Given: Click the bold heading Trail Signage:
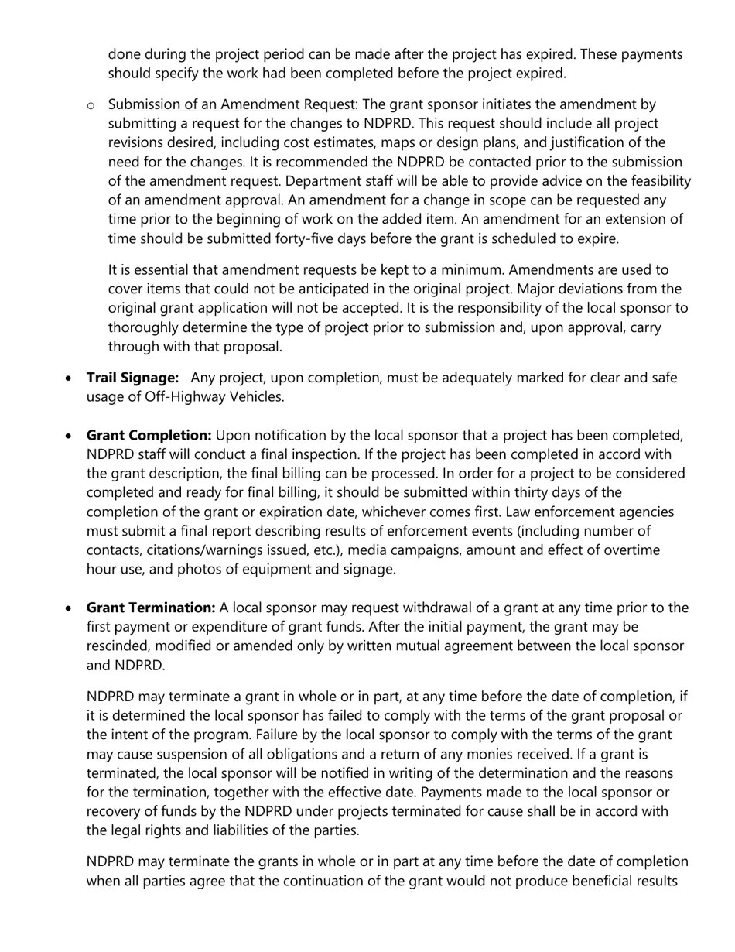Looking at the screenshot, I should (x=132, y=378).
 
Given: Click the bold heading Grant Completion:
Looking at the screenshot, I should (x=149, y=435).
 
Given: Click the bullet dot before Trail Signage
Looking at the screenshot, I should (x=70, y=378).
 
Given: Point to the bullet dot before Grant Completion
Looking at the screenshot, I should (x=70, y=436).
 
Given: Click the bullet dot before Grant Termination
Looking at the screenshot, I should (x=70, y=608).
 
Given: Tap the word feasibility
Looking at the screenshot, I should (x=658, y=181).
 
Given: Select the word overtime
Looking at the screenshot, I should (x=631, y=550).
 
